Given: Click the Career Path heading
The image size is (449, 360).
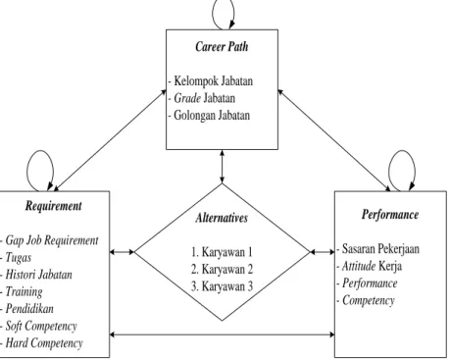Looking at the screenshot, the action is tap(222, 46).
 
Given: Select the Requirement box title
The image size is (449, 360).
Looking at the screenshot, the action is tap(54, 206).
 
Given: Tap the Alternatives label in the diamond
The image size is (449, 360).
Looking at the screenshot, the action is tap(222, 218).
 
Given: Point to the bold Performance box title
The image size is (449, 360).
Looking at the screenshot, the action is tap(390, 215).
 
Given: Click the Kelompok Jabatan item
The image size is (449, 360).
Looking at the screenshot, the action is tap(213, 80).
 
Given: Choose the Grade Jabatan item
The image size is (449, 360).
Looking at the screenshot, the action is tap(204, 98).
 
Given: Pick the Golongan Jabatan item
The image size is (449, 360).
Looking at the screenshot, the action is tap(212, 116).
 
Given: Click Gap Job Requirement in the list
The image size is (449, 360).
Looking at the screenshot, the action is tap(52, 240).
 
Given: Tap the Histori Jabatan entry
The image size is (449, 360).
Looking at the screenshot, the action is tap(38, 275).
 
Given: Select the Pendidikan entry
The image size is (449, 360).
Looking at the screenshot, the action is tap(29, 309).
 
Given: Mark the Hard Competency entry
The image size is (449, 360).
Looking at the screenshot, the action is tap(44, 343).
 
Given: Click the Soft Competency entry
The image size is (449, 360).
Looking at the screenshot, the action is tap(41, 326).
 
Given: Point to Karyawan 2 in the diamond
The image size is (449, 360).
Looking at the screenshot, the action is tap(222, 269).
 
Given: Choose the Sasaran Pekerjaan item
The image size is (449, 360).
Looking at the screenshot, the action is tap(380, 249).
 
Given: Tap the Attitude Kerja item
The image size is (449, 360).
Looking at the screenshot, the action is tap(372, 266).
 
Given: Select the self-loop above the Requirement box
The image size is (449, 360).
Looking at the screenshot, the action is tap(28, 170).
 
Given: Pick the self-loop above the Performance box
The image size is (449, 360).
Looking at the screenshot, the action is tap(389, 170).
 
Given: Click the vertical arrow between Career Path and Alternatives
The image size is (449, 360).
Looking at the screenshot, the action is tap(222, 167).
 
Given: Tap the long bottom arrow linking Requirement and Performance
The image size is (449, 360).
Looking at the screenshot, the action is tap(222, 334).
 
